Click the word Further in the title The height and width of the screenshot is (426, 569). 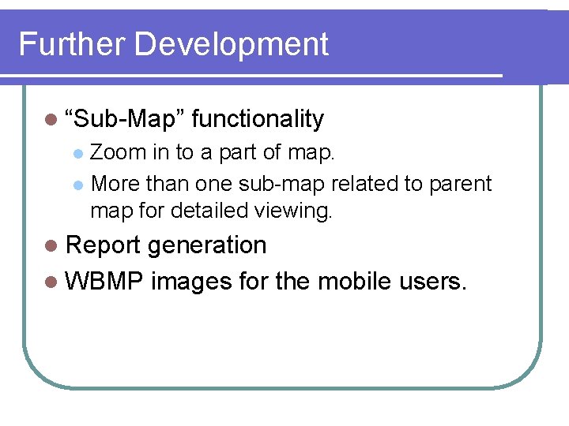[x=72, y=44]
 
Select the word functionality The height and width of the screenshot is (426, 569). [x=258, y=119]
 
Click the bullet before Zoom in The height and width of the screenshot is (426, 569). [x=77, y=153]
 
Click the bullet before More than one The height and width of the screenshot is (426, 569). [x=77, y=185]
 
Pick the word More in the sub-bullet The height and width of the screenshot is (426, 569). [x=116, y=184]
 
